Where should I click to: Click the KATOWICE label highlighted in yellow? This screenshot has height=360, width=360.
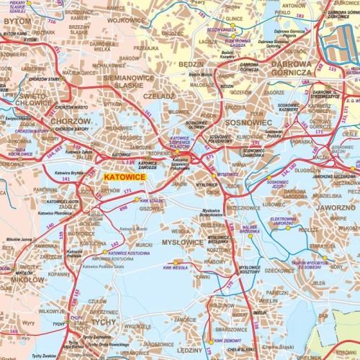point(125,176)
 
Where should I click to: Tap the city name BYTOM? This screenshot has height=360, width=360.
point(17,22)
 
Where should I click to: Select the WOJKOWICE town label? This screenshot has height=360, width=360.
point(127,20)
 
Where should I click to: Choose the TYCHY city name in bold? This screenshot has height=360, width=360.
point(102,322)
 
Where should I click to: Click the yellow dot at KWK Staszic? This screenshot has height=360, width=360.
point(137,200)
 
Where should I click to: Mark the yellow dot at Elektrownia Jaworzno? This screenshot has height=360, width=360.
point(289,228)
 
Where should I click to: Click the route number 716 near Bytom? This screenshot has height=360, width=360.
point(51,22)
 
